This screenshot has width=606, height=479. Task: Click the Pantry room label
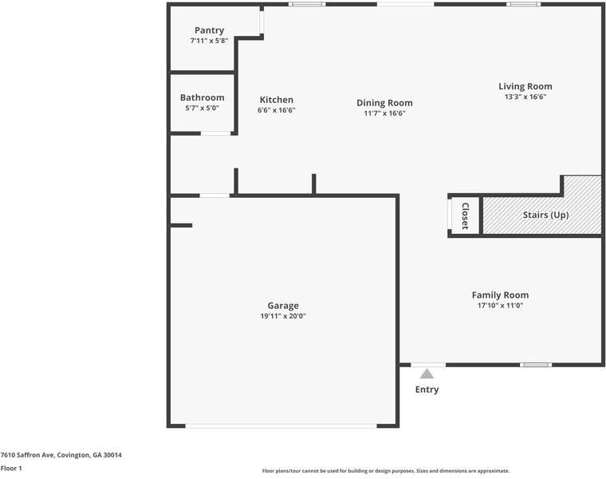pos(209,30)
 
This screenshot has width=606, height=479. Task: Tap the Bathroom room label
pos(202,97)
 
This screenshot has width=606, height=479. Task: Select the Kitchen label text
pos(276,100)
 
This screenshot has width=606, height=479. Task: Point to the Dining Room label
pos(384,103)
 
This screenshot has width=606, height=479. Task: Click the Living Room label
pos(525,86)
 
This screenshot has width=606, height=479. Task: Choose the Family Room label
pos(500,295)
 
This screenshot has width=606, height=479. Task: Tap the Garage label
pos(283,306)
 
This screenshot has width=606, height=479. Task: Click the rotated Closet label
pos(465,216)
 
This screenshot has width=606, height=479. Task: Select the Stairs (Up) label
pos(545,216)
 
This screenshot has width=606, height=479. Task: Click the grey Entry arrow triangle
pos(427,373)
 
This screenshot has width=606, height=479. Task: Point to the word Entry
pos(427,390)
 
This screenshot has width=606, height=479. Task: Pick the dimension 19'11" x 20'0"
pos(283,316)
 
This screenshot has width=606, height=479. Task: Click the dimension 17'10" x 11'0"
pos(500,305)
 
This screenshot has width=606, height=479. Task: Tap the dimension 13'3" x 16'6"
pos(525,97)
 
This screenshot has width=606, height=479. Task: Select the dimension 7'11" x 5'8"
pos(209,41)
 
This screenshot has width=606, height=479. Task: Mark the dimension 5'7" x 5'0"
pos(202,108)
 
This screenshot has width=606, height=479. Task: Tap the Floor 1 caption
pos(11,468)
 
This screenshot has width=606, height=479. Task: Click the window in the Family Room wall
pos(535,365)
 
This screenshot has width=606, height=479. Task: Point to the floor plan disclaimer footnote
pos(385,471)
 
